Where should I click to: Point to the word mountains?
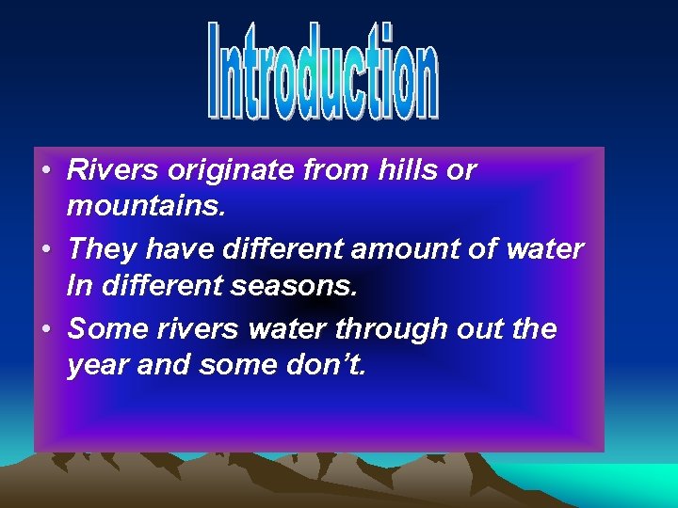pyautogui.click(x=146, y=207)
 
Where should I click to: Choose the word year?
pyautogui.click(x=98, y=366)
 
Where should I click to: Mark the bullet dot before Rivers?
pyautogui.click(x=45, y=171)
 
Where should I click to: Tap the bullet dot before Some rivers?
pyautogui.click(x=45, y=330)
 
